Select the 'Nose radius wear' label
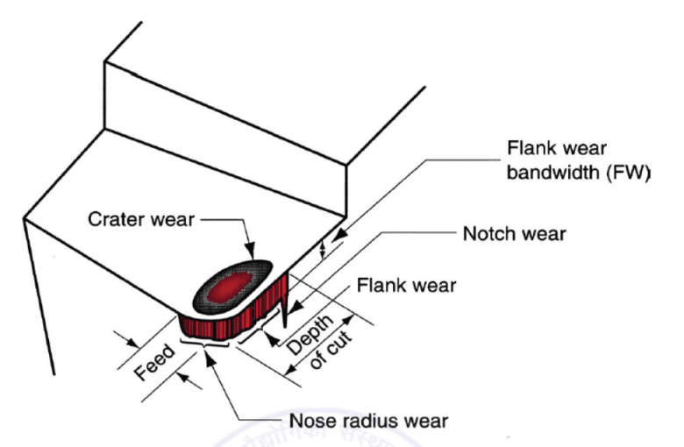pyautogui.click(x=367, y=421)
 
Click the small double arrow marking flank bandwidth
pyautogui.click(x=324, y=251)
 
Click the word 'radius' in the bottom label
pyautogui.click(x=367, y=421)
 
